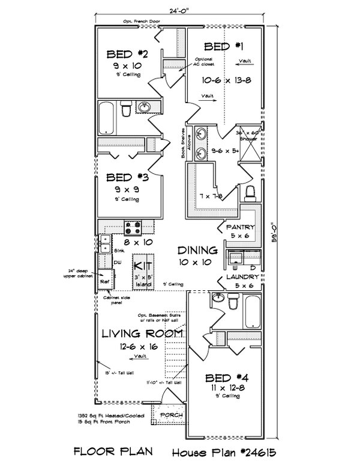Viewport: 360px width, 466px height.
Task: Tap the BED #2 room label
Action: pyautogui.click(x=127, y=53)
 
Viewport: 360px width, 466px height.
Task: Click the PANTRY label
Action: pyautogui.click(x=241, y=227)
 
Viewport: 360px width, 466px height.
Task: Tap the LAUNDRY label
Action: pyautogui.click(x=242, y=278)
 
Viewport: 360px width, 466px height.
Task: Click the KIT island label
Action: pyautogui.click(x=142, y=264)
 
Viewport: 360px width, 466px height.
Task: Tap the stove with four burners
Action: pyautogui.click(x=133, y=227)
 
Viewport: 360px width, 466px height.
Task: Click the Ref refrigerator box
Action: pyautogui.click(x=104, y=280)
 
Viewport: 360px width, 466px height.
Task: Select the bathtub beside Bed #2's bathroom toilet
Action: pyautogui.click(x=106, y=118)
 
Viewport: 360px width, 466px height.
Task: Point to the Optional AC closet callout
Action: pyautogui.click(x=206, y=62)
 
